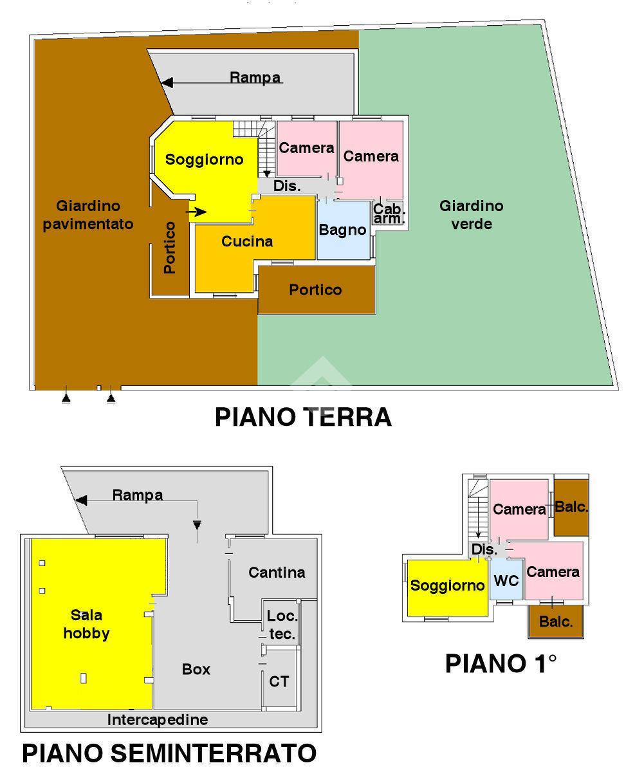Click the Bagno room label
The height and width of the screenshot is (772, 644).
tap(342, 230)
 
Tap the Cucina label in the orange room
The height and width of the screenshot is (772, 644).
tap(247, 241)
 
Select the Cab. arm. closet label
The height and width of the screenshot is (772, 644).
tap(388, 214)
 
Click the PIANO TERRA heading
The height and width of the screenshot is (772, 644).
tap(303, 417)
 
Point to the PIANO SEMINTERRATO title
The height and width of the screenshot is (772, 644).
tap(169, 753)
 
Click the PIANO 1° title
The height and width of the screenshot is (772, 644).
tap(501, 663)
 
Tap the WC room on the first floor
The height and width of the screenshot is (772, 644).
tap(506, 580)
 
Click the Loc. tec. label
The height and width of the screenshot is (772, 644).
tap(282, 625)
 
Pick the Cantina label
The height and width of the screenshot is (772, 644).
tap(277, 573)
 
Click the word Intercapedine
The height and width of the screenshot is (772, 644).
tap(158, 719)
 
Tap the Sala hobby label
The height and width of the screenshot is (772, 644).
tap(86, 624)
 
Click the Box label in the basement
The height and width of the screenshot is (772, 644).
tap(196, 669)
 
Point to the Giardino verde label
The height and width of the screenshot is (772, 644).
tap(472, 215)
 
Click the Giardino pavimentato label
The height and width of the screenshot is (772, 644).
tap(88, 215)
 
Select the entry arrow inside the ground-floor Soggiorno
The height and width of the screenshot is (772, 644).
tap(196, 212)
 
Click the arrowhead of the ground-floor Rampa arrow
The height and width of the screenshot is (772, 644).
tap(167, 82)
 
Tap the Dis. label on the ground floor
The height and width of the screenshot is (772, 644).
tap(287, 186)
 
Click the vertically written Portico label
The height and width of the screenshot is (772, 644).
tap(169, 248)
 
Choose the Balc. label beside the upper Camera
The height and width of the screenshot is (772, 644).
tap(571, 506)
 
